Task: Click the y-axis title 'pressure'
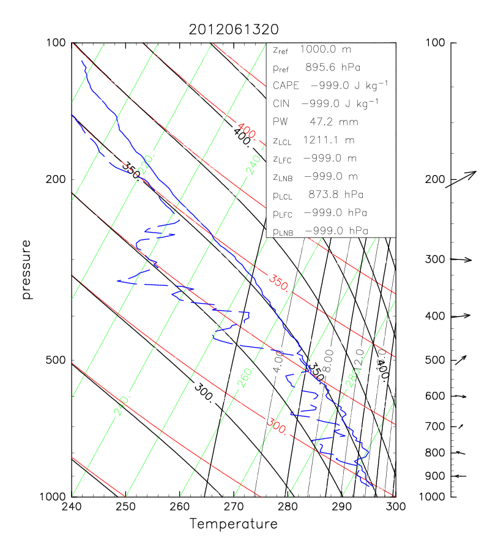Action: (x=26, y=269)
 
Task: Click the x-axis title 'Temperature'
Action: (x=233, y=524)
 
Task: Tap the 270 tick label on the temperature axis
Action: (x=233, y=507)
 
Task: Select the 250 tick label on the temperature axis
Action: (x=125, y=507)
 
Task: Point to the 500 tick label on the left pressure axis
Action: (x=57, y=360)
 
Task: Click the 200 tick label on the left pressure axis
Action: (x=57, y=179)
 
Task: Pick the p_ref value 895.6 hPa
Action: (x=334, y=67)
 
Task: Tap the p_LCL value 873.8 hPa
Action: (x=334, y=195)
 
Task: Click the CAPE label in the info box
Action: (x=286, y=85)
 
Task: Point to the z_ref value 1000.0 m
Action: (x=330, y=49)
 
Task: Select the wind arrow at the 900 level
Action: (x=459, y=476)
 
